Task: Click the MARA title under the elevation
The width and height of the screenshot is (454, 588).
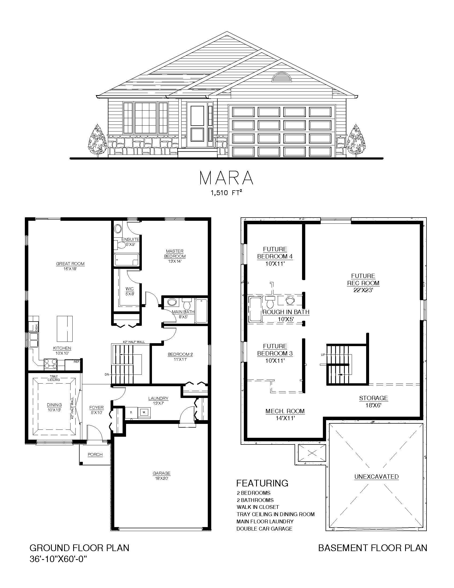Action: (x=226, y=178)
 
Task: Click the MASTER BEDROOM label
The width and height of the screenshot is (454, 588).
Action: (x=175, y=254)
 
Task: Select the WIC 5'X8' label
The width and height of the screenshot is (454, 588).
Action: (x=130, y=292)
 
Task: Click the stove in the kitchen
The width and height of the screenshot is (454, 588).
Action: (x=50, y=363)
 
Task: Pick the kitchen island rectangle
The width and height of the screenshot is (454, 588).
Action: (x=65, y=328)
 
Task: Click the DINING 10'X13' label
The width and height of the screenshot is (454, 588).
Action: (x=54, y=407)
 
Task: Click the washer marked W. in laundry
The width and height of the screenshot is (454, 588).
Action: (x=144, y=412)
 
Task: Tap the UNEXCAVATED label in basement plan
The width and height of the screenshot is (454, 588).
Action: (x=376, y=477)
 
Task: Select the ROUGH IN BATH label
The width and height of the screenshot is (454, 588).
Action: (x=286, y=312)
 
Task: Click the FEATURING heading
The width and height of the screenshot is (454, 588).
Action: (x=262, y=483)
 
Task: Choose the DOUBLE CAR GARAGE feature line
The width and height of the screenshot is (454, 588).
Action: (x=264, y=528)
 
